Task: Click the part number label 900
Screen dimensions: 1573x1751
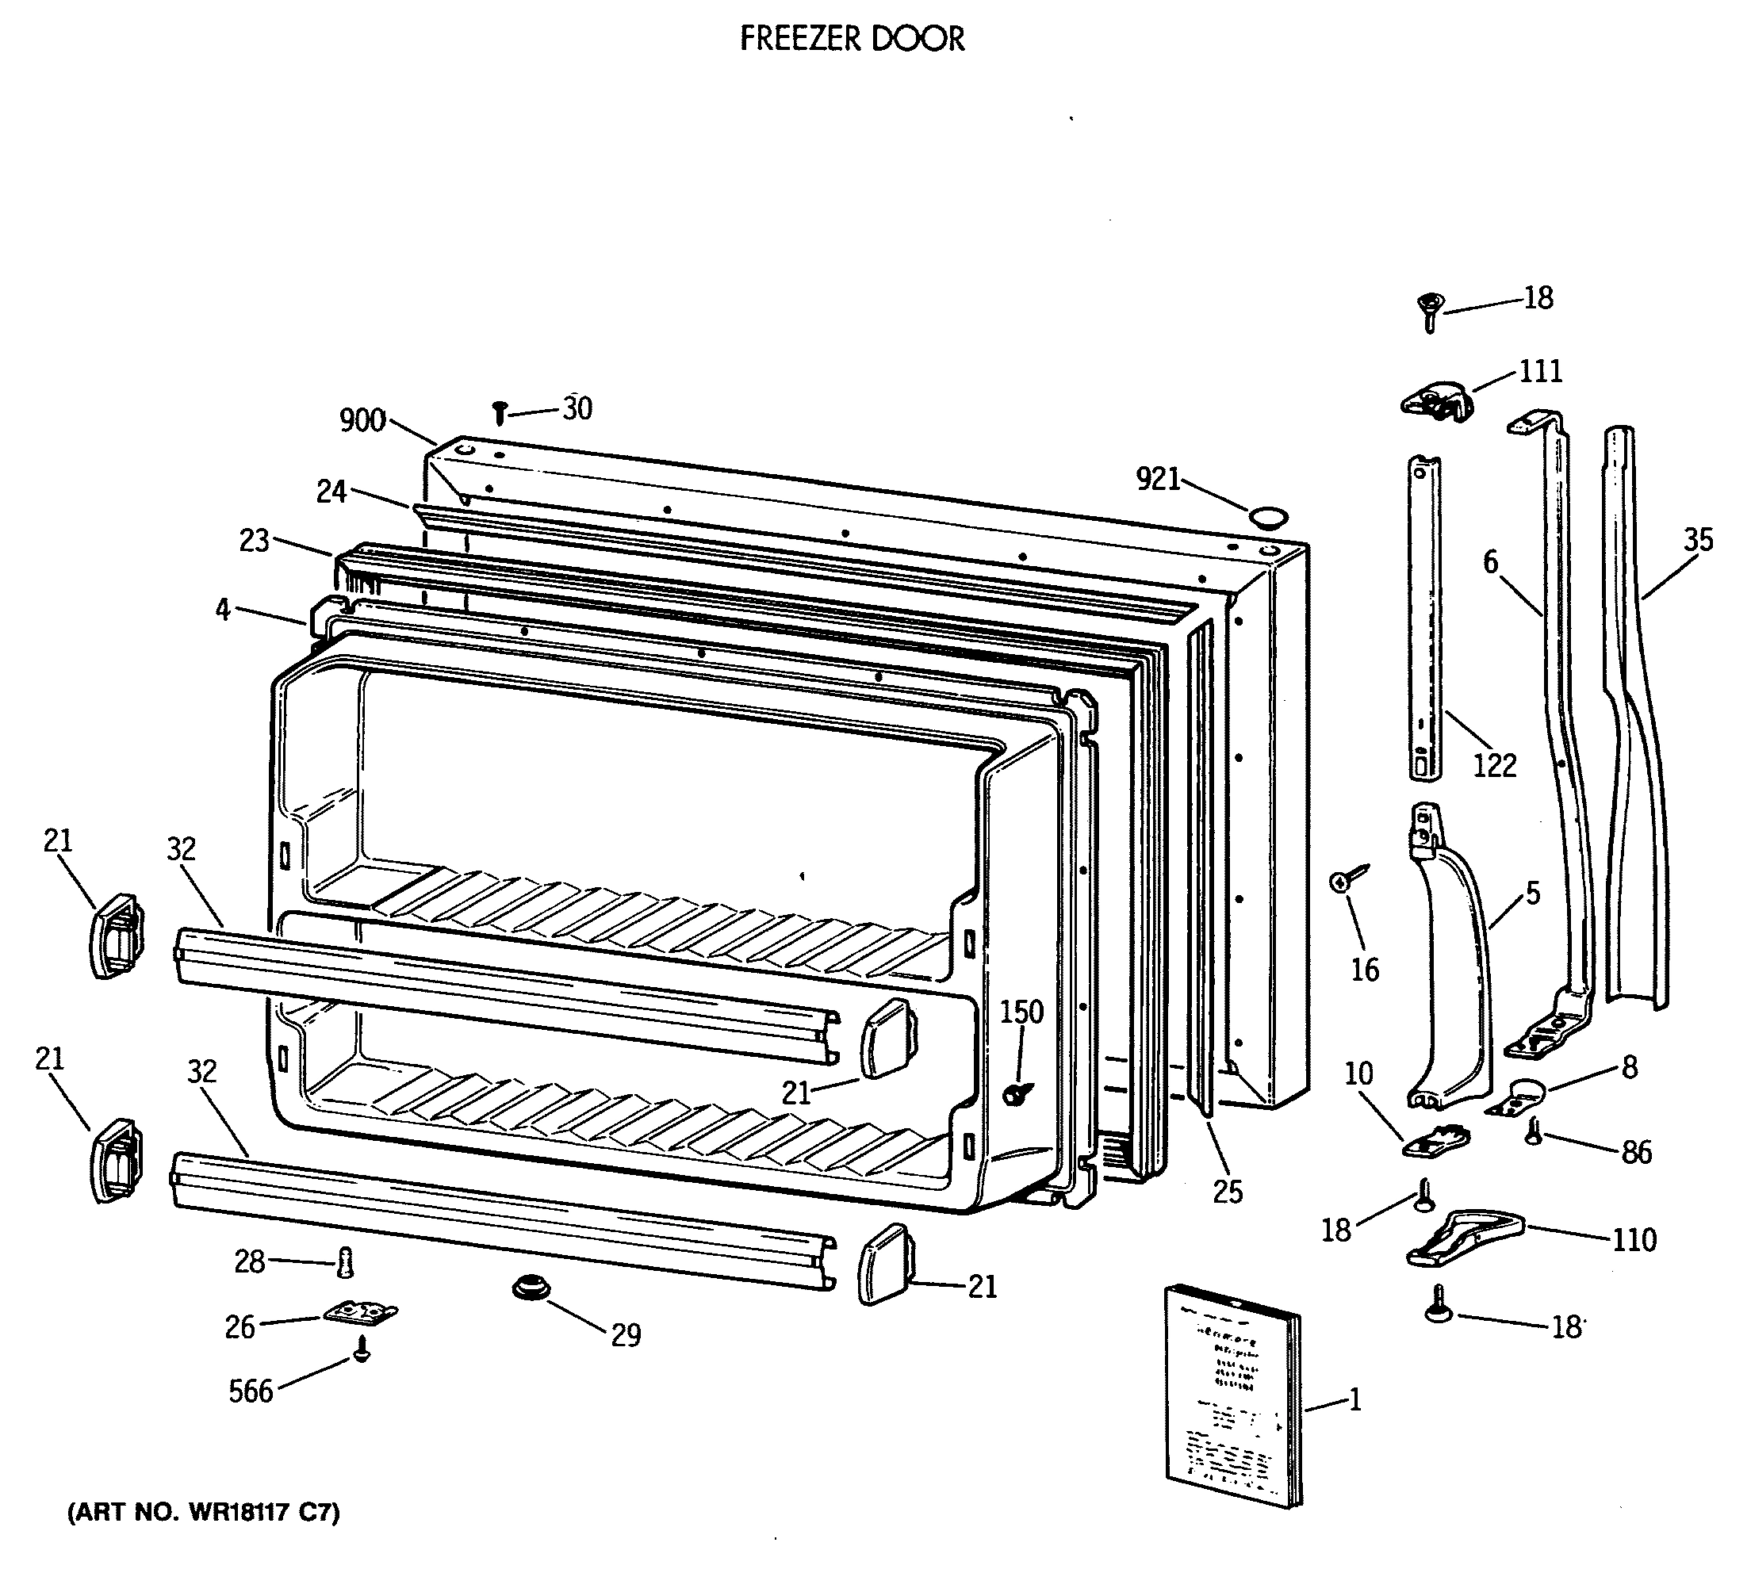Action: coord(362,421)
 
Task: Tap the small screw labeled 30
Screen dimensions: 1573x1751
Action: coord(499,413)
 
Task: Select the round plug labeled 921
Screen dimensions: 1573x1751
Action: coord(1267,519)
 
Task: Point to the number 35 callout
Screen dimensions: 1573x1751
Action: coord(1697,540)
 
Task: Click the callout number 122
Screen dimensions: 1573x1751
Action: coord(1494,765)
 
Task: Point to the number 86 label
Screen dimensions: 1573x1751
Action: coord(1636,1152)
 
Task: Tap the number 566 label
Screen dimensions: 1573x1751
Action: coord(251,1391)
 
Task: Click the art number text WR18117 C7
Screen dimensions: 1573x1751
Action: coord(204,1513)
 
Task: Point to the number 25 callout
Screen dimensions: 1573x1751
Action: coord(1228,1192)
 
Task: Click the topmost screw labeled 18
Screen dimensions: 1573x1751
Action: coord(1431,310)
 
